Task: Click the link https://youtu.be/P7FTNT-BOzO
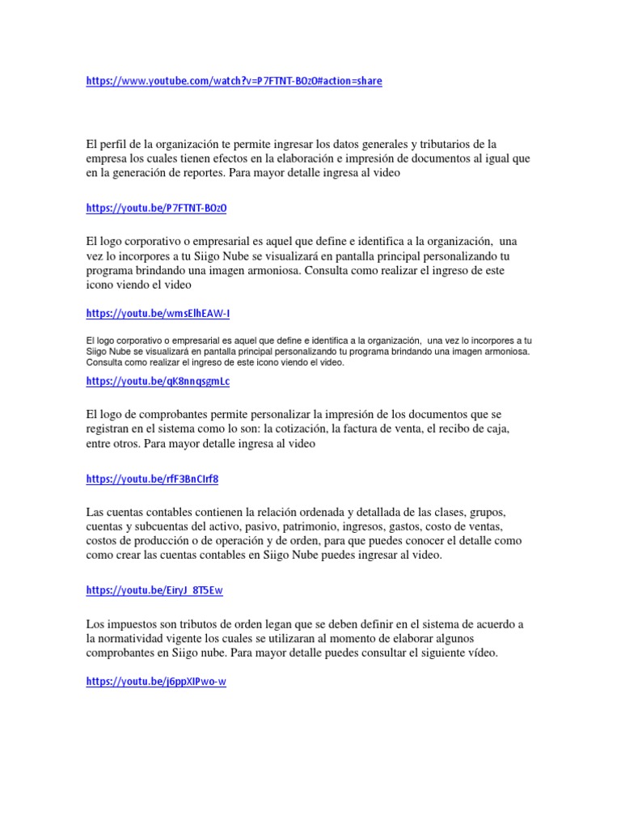coord(156,208)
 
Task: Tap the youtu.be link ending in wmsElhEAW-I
coord(158,313)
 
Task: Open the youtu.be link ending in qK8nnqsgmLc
coord(158,381)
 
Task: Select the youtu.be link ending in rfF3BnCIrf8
coord(152,479)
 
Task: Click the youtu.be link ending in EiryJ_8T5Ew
coord(154,590)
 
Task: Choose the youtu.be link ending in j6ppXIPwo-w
coord(156,682)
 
